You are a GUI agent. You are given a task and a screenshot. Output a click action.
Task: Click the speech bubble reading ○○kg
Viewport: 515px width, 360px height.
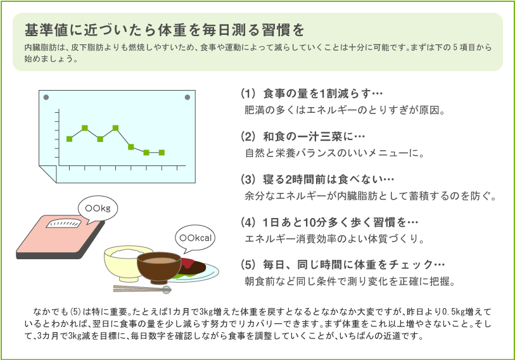tap(98, 209)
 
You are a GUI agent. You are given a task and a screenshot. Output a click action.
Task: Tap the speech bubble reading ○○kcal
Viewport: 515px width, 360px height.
tap(195, 238)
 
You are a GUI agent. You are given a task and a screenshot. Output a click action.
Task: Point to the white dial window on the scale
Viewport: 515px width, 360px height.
tap(63, 224)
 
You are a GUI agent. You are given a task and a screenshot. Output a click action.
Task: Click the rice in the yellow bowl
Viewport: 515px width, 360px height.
tap(127, 253)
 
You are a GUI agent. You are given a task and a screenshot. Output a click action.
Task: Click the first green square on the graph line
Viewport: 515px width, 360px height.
tap(69, 139)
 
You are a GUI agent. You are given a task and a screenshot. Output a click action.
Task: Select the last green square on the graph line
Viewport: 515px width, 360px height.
tap(162, 153)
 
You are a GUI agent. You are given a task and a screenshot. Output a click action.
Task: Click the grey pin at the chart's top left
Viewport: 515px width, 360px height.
tap(46, 98)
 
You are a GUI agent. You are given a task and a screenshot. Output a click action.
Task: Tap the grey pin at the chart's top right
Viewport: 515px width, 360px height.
tap(188, 98)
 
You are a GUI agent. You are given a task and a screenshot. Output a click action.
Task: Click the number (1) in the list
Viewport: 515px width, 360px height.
tap(248, 94)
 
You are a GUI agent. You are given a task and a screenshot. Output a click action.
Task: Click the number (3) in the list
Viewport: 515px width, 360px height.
tap(248, 179)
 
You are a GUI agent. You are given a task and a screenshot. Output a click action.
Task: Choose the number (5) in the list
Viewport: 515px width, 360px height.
tap(248, 265)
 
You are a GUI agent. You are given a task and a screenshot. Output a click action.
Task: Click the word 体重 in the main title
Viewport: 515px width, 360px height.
tap(171, 30)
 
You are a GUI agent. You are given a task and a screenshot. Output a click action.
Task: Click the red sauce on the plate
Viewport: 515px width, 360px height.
tap(187, 263)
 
